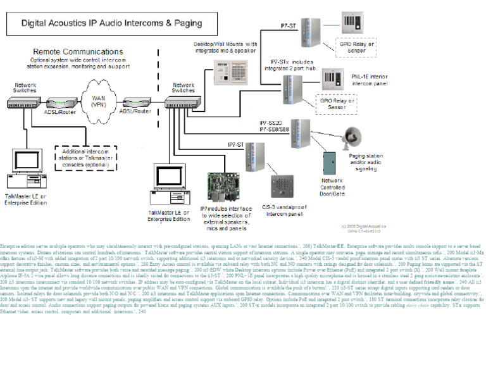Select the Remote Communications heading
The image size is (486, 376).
(x=78, y=52)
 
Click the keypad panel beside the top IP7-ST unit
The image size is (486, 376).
(x=353, y=26)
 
